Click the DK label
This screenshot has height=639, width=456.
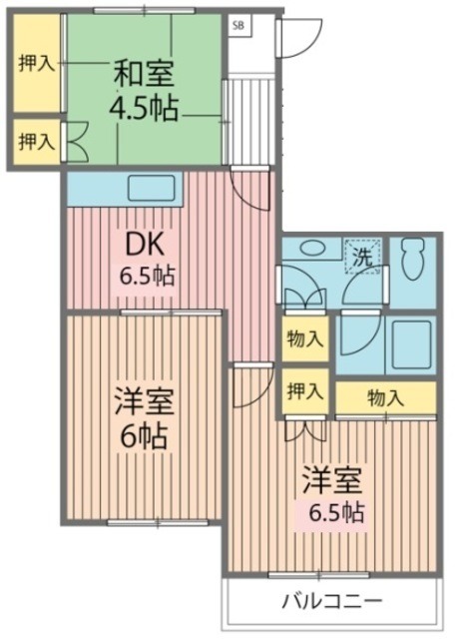pyautogui.click(x=145, y=245)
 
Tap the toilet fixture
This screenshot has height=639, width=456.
pyautogui.click(x=411, y=262)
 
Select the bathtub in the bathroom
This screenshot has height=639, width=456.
pyautogui.click(x=409, y=345)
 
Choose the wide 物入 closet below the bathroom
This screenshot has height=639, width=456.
pyautogui.click(x=385, y=397)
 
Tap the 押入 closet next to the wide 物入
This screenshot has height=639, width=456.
pyautogui.click(x=303, y=390)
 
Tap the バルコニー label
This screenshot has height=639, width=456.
pyautogui.click(x=330, y=602)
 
